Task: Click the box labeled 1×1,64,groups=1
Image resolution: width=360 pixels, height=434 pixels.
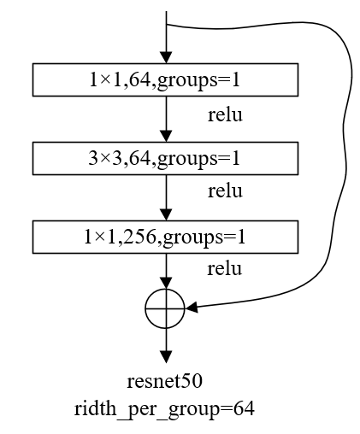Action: coord(165,80)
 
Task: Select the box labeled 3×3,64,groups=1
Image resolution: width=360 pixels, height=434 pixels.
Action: coord(165,157)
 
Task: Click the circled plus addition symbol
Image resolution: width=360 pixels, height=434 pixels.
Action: coord(165,308)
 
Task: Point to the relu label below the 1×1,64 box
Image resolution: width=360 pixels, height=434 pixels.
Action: coord(226,114)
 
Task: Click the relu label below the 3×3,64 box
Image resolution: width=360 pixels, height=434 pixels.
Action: coord(226,191)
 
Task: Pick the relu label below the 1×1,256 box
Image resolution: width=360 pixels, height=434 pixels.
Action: coord(226,269)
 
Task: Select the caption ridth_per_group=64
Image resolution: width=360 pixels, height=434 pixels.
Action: coord(166,408)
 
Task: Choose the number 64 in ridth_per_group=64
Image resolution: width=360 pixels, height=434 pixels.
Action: coord(245,408)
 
